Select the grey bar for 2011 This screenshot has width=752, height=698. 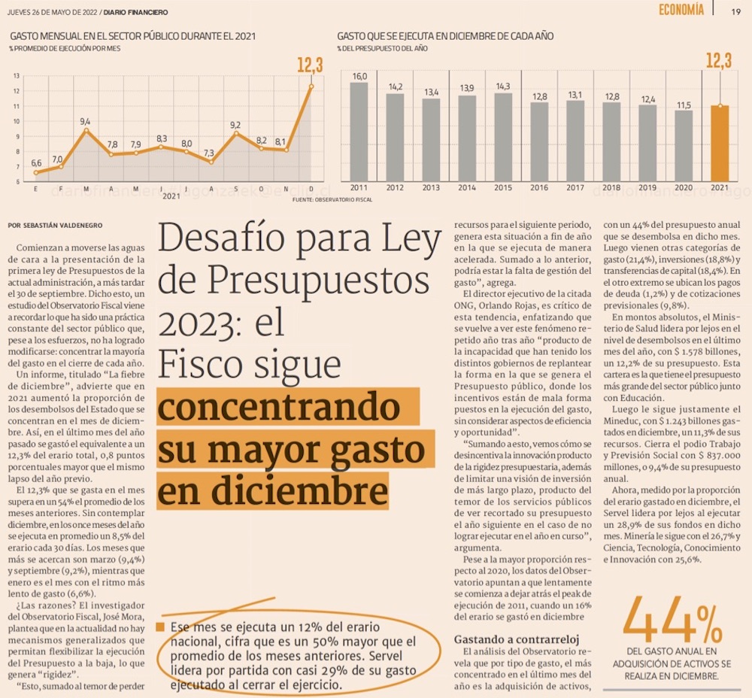[359, 132]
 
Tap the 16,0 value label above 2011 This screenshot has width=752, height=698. [359, 77]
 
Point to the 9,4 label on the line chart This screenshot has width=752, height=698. [85, 121]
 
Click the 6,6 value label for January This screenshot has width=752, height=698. [36, 162]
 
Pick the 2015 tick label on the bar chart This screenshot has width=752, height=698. [503, 187]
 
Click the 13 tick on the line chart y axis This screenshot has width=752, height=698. [17, 76]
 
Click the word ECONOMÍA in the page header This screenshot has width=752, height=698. [681, 10]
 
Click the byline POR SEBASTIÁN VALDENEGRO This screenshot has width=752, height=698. [55, 225]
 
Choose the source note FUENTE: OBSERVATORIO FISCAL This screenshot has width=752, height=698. [332, 199]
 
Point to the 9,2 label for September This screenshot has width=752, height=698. [235, 125]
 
